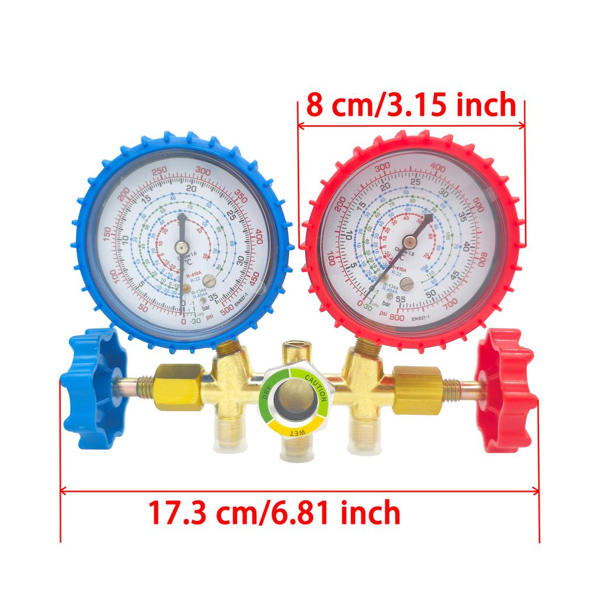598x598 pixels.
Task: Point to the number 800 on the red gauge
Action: tap(397, 317)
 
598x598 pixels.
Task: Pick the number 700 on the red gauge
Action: tap(450, 303)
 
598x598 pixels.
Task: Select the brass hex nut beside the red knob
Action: tap(418, 390)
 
